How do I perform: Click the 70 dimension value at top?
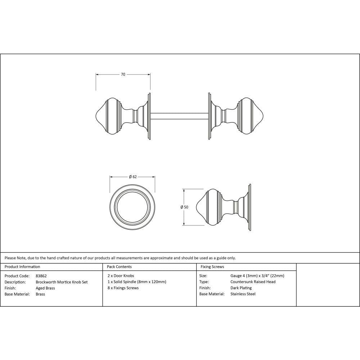(x=123, y=75)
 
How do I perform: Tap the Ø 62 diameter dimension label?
(x=132, y=177)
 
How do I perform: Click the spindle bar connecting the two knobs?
(x=179, y=116)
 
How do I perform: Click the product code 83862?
(x=41, y=276)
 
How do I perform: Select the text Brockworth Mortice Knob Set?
(x=62, y=282)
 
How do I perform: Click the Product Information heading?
(x=22, y=267)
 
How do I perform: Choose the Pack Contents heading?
(x=119, y=267)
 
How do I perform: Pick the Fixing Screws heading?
(x=212, y=267)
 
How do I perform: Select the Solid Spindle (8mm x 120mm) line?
(x=137, y=282)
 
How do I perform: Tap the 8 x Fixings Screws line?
(x=123, y=288)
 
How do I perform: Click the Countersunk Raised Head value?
(x=253, y=282)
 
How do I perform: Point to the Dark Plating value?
(x=241, y=288)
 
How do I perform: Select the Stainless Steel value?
(x=243, y=294)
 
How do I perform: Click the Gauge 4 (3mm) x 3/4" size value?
(x=257, y=276)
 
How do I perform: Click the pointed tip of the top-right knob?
(x=264, y=116)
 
